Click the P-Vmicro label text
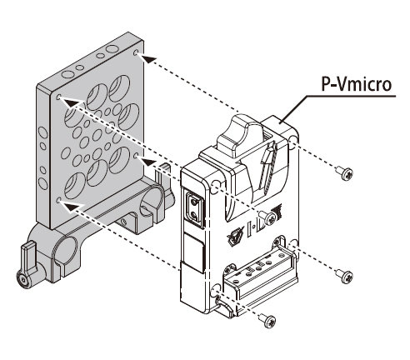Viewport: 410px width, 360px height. coord(357,84)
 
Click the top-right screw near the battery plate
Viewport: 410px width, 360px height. coord(345,173)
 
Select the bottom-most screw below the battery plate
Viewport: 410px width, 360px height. coord(268,321)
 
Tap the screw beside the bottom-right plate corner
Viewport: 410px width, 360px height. coord(345,276)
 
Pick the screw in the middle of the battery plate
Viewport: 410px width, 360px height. coord(268,217)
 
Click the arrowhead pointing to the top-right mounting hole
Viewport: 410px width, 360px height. coord(148,59)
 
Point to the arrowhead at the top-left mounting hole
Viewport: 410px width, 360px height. coord(72,102)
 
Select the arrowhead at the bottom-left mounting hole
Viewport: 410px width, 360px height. coord(72,206)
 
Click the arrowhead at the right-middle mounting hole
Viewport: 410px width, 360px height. coord(149,162)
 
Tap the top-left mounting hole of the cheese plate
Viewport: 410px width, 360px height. coord(58,97)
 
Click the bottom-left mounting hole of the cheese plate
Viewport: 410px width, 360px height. coord(58,200)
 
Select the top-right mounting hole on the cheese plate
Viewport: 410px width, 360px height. coord(136,52)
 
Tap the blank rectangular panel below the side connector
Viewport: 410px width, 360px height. coord(194,252)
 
